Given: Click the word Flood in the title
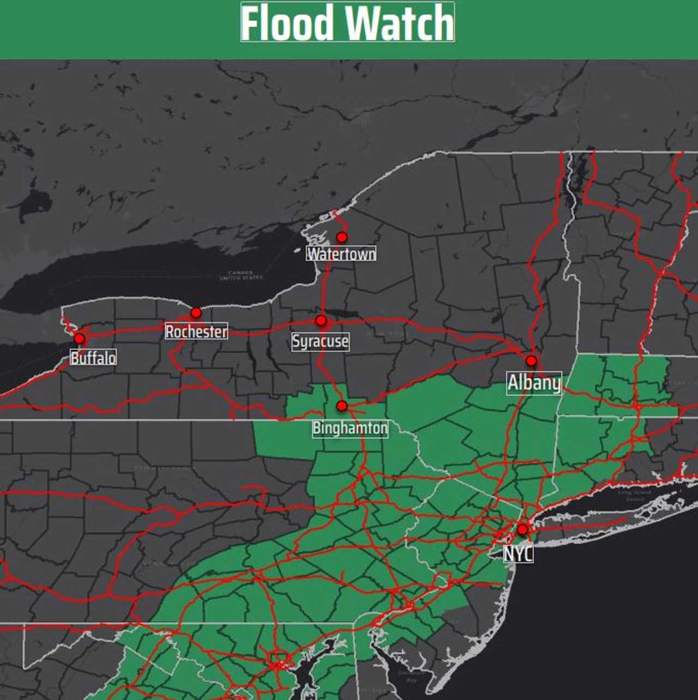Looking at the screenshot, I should [x=287, y=23].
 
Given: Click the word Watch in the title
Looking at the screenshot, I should [x=400, y=23].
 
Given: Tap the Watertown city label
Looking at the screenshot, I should [x=341, y=254].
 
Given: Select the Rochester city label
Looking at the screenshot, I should [x=196, y=331].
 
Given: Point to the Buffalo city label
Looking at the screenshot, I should [x=93, y=358].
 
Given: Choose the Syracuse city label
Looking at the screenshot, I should [x=320, y=341].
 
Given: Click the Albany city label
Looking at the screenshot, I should [x=534, y=383].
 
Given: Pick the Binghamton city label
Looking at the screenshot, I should [x=350, y=428].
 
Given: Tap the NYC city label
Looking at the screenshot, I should [x=518, y=554].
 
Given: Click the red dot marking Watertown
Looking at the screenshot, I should [x=342, y=237].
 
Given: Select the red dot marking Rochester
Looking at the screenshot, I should [x=196, y=312].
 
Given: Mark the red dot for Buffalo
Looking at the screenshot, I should [x=79, y=339].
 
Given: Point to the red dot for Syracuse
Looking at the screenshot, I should [x=321, y=321].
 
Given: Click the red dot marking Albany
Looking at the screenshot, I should [x=531, y=360].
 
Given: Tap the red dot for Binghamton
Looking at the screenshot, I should [x=342, y=406].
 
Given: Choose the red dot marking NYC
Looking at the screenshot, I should [x=522, y=529].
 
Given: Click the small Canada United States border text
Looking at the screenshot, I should [x=240, y=275].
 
